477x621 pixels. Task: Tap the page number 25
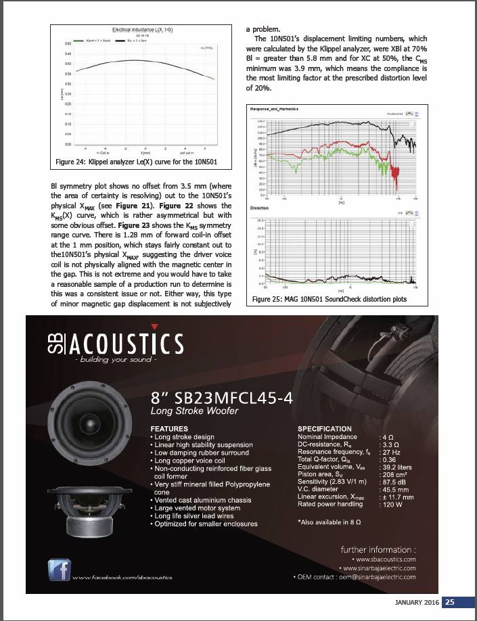click(x=450, y=603)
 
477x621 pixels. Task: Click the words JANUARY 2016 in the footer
click(x=417, y=603)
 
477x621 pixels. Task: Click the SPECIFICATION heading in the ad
click(x=325, y=429)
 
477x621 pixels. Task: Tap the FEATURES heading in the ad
click(x=170, y=429)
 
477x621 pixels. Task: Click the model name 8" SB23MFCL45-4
click(x=223, y=398)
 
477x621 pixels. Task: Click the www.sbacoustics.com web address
click(x=385, y=559)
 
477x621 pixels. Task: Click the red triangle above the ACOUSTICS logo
click(x=154, y=326)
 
